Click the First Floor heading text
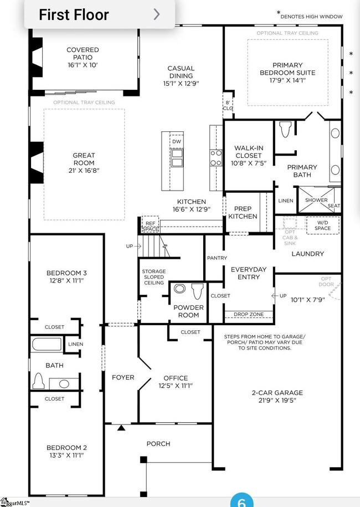(74, 14)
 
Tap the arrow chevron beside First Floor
(157, 14)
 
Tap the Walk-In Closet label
(248, 156)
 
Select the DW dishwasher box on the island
(177, 142)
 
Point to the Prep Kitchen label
(243, 213)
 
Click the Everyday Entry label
(248, 273)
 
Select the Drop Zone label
(248, 315)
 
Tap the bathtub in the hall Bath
(47, 344)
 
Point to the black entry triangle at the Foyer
(121, 427)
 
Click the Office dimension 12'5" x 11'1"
(175, 386)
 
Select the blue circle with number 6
(241, 501)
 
